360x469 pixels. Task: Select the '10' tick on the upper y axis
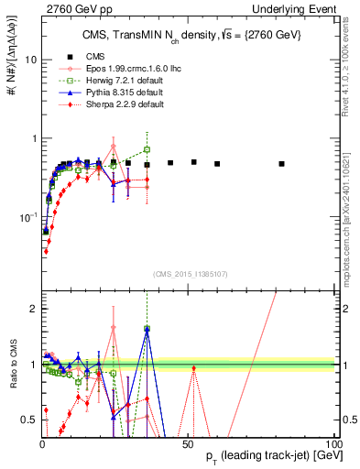[x=28, y=59]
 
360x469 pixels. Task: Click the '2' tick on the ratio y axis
[x=31, y=309]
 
